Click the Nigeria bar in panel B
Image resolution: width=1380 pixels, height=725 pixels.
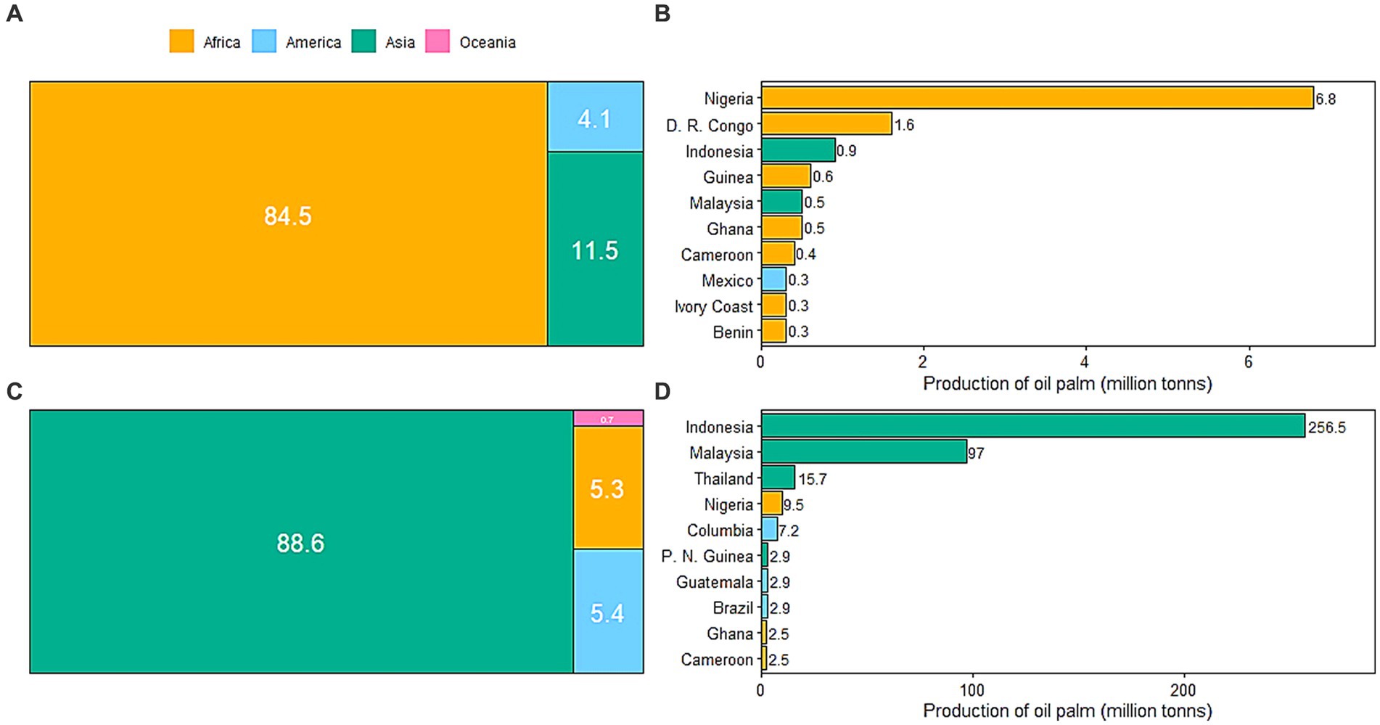coord(1037,98)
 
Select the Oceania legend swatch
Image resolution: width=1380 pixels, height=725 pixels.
coord(438,41)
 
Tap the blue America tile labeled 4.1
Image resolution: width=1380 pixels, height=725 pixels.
coord(595,117)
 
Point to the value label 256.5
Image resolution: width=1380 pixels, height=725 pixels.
coord(1326,427)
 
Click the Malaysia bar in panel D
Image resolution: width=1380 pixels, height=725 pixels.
coord(863,452)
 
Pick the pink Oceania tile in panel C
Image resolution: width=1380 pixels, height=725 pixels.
coord(608,418)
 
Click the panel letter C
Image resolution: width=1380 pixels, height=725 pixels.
coord(14,392)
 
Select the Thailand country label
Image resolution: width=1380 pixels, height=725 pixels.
coord(723,479)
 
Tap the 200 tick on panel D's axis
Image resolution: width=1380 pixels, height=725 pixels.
coord(1183,691)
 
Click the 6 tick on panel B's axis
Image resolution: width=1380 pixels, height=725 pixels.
coord(1248,361)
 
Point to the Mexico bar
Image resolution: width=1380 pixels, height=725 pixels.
coord(773,279)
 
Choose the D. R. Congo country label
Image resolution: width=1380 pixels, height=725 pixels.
coord(709,126)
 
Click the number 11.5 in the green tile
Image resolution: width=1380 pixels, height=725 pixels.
coord(594,251)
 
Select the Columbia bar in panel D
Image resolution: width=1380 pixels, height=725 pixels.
coord(769,530)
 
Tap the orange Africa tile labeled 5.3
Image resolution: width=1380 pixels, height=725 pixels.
coord(608,488)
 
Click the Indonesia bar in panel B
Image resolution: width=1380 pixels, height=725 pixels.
coord(797,150)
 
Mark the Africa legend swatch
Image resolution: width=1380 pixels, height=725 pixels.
coord(181,41)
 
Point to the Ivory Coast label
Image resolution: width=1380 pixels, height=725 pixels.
coord(713,306)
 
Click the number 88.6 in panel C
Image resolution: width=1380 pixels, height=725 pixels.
coord(300,543)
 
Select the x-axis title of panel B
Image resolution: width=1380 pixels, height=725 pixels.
coord(1067,383)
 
